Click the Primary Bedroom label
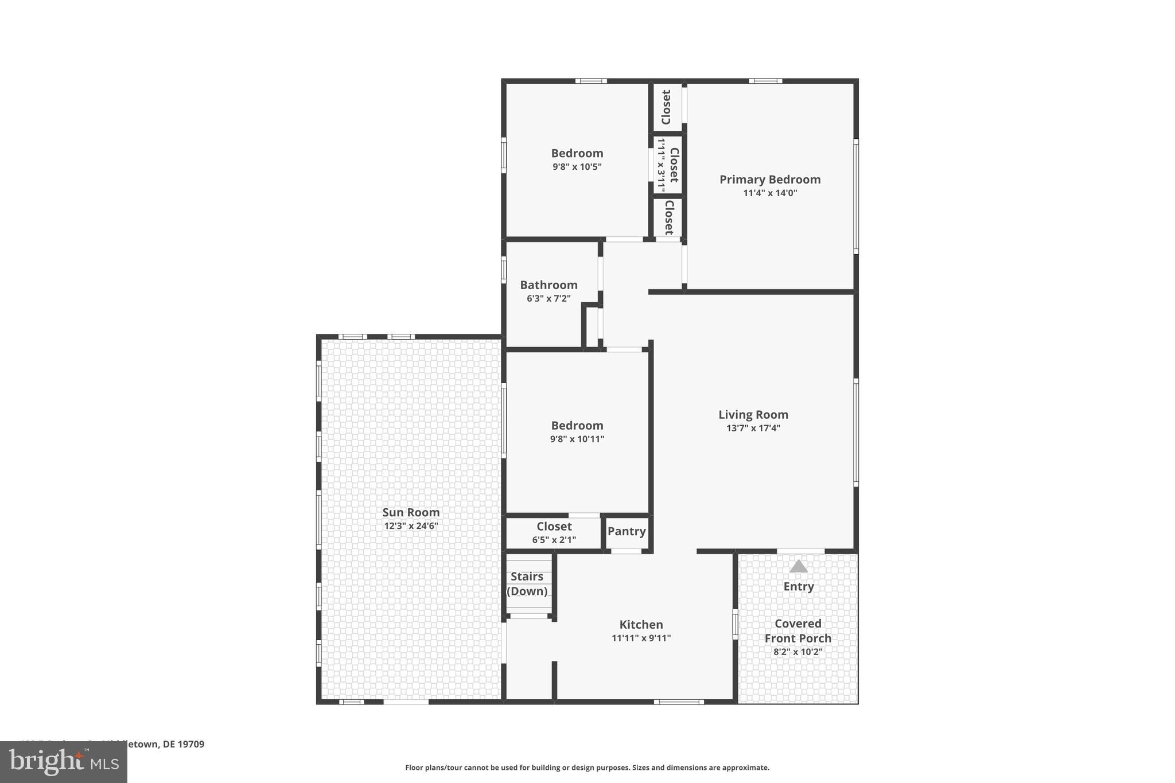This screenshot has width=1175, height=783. [770, 180]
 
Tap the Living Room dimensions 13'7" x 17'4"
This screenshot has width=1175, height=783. [753, 428]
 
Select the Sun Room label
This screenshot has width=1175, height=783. [411, 512]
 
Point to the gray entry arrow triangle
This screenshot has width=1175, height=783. [798, 567]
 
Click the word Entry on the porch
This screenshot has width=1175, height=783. [798, 586]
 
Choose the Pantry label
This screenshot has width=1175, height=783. [627, 531]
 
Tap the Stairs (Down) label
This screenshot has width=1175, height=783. [527, 583]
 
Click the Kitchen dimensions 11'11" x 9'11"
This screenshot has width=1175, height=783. [641, 638]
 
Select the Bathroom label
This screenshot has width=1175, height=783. [548, 285]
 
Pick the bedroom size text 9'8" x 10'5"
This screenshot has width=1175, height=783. [577, 167]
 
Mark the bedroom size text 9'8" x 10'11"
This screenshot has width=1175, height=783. [577, 439]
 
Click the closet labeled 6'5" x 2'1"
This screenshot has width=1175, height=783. [554, 540]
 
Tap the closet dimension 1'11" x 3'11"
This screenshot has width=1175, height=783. [661, 165]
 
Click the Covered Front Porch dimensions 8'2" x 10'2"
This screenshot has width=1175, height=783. [797, 652]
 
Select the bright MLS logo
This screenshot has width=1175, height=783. [64, 762]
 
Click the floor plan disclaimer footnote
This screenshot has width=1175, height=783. [587, 768]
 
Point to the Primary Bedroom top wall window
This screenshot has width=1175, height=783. [765, 81]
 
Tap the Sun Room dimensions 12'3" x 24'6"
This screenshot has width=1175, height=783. [411, 526]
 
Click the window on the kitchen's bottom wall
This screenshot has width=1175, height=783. [679, 702]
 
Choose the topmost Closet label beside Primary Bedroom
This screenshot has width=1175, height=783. [666, 107]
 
